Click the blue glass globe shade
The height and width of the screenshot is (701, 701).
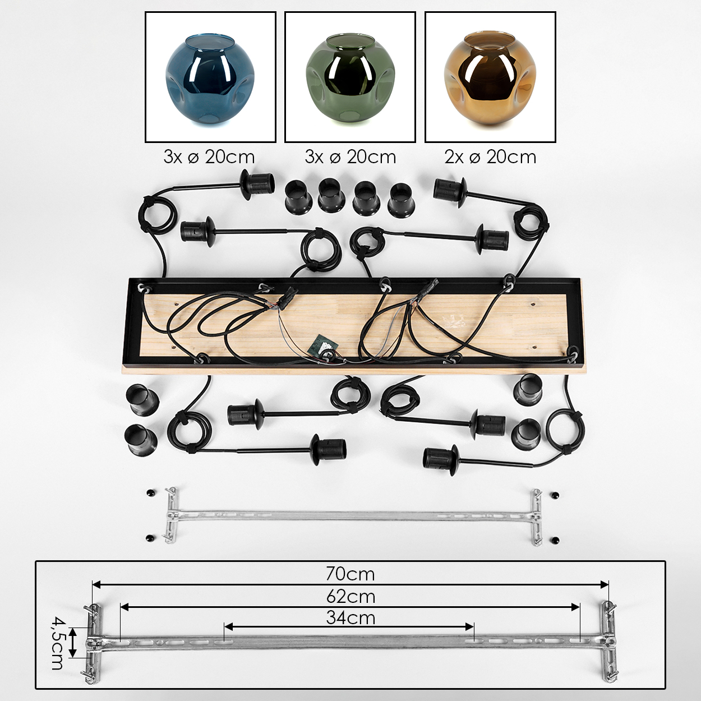[x=210, y=80]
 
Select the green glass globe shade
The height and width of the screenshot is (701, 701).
[x=349, y=80]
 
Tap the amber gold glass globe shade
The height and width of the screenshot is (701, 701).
[x=490, y=80]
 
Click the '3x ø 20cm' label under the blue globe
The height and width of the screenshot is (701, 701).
[x=209, y=157]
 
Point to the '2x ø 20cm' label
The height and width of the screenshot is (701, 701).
[x=490, y=157]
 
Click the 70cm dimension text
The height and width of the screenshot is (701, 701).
[x=350, y=574]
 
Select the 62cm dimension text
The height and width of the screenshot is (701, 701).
[x=350, y=597]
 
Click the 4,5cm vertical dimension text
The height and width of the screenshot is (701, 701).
[x=57, y=643]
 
